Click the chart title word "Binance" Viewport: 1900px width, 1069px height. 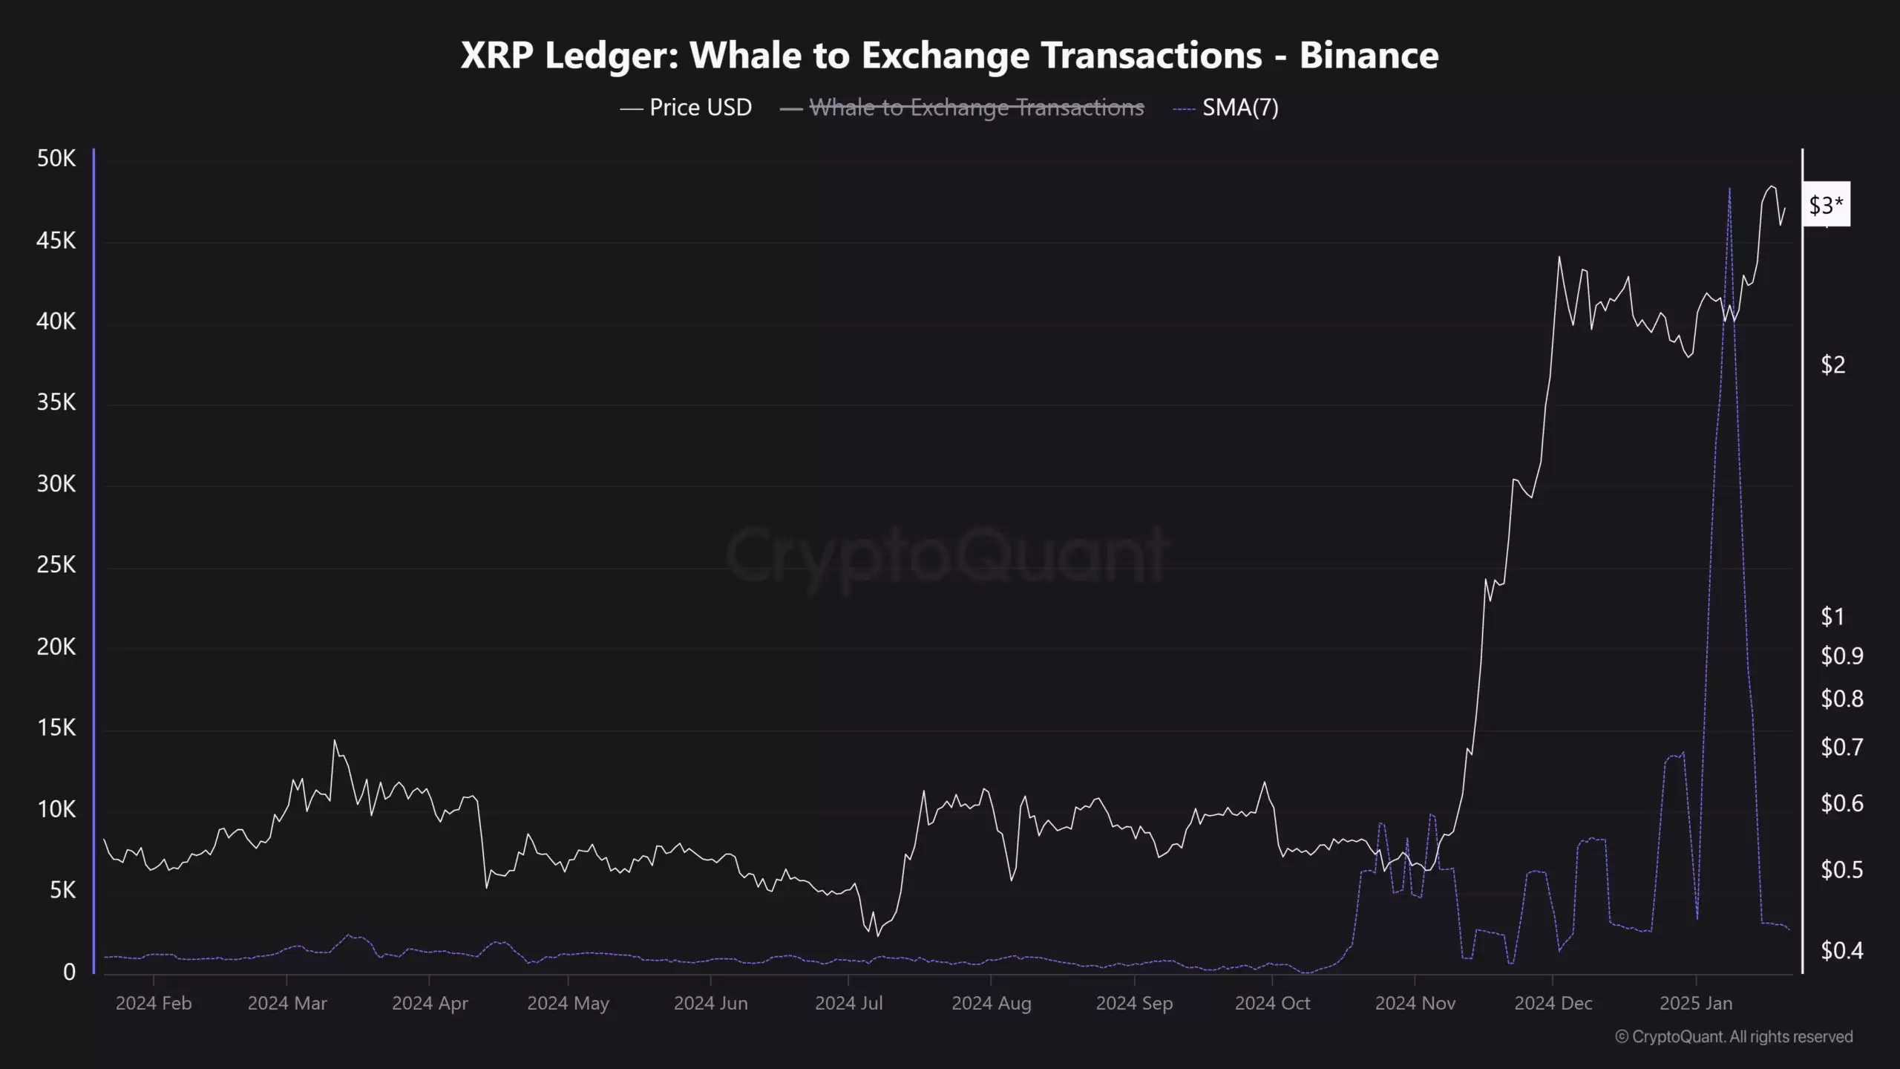tap(1369, 55)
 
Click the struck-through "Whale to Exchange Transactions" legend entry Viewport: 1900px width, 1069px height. tap(976, 108)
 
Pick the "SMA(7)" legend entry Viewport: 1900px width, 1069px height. tap(1239, 108)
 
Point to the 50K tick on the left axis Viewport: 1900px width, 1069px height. tap(56, 158)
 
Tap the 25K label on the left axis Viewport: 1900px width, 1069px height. tap(56, 565)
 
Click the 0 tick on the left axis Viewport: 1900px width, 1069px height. tap(69, 972)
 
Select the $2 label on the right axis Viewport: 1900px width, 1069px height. tap(1832, 364)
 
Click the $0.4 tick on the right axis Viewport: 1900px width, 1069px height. tap(1841, 950)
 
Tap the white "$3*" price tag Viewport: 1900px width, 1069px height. tap(1826, 205)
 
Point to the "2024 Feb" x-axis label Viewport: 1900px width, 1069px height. tap(154, 1004)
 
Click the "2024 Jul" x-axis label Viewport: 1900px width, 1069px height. tap(848, 1004)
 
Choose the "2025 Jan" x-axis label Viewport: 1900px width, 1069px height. tap(1695, 1004)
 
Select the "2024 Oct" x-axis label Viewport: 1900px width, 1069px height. tap(1272, 1004)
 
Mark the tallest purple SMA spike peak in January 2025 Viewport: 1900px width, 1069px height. tap(1729, 189)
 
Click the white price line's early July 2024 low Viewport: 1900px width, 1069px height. tap(877, 935)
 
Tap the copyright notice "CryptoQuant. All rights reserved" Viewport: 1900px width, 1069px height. tap(1741, 1036)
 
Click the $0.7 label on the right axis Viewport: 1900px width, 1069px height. tap(1841, 747)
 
